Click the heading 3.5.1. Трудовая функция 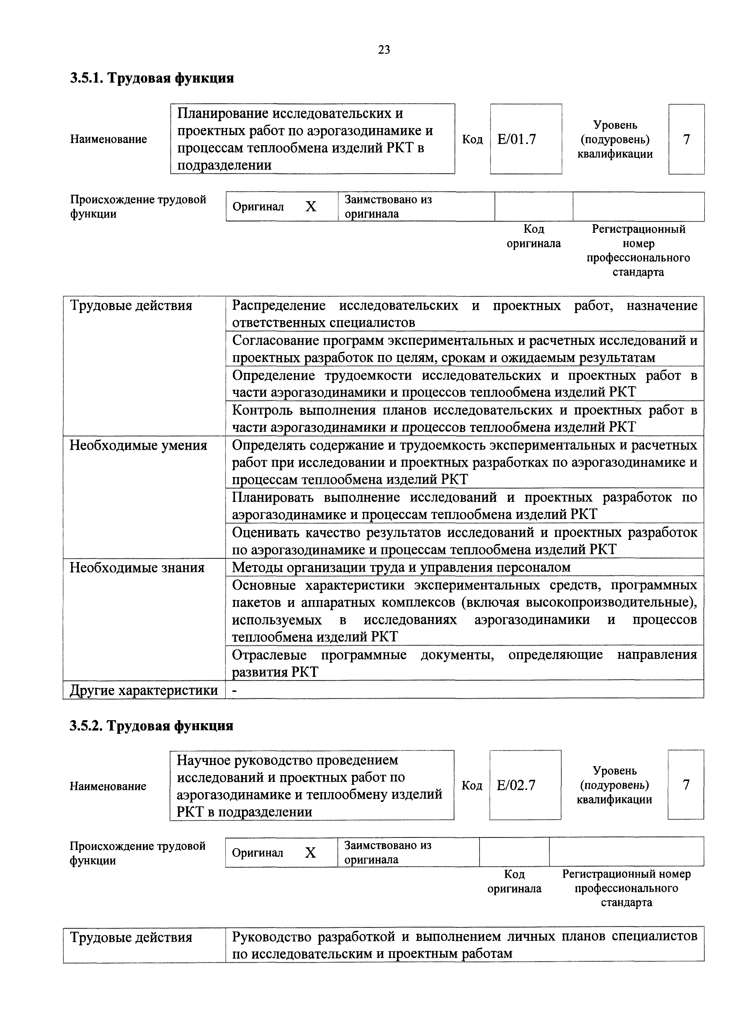(152, 78)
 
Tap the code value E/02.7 (516, 786)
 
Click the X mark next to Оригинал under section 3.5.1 (311, 207)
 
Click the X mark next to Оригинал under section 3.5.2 (310, 853)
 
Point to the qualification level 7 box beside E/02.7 (686, 785)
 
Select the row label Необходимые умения (138, 446)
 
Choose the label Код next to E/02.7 (472, 786)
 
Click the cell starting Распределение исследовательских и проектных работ (464, 314)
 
